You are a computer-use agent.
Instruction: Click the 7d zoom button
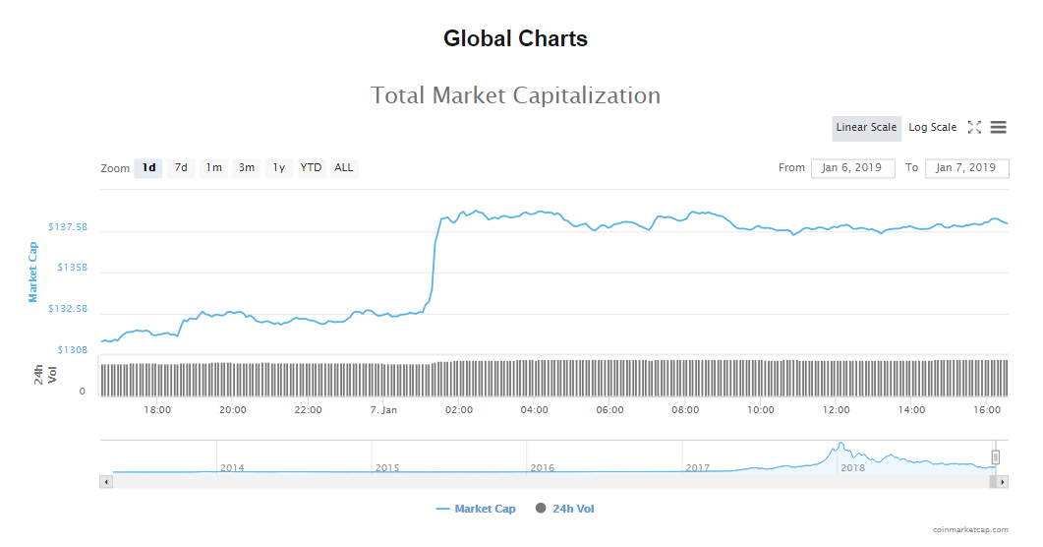(x=181, y=167)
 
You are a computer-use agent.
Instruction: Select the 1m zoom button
(x=213, y=167)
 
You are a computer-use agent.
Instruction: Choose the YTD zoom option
(x=311, y=167)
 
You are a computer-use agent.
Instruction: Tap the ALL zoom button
(x=343, y=167)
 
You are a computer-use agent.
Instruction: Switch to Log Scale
(x=932, y=127)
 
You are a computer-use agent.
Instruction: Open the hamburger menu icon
(x=998, y=127)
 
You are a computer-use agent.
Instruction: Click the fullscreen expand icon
(x=974, y=127)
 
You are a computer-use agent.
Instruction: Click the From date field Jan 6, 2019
(x=852, y=167)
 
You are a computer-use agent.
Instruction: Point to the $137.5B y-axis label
(x=68, y=227)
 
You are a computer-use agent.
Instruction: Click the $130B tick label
(x=72, y=349)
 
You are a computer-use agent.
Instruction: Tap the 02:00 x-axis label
(x=459, y=409)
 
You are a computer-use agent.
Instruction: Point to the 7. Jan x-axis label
(x=383, y=409)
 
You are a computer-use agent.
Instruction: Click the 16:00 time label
(x=987, y=409)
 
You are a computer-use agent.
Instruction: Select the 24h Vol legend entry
(x=565, y=509)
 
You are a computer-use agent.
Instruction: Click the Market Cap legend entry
(x=476, y=509)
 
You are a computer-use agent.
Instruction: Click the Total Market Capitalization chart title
(x=515, y=95)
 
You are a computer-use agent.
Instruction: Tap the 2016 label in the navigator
(x=543, y=467)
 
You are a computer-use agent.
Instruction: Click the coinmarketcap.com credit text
(x=971, y=529)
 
